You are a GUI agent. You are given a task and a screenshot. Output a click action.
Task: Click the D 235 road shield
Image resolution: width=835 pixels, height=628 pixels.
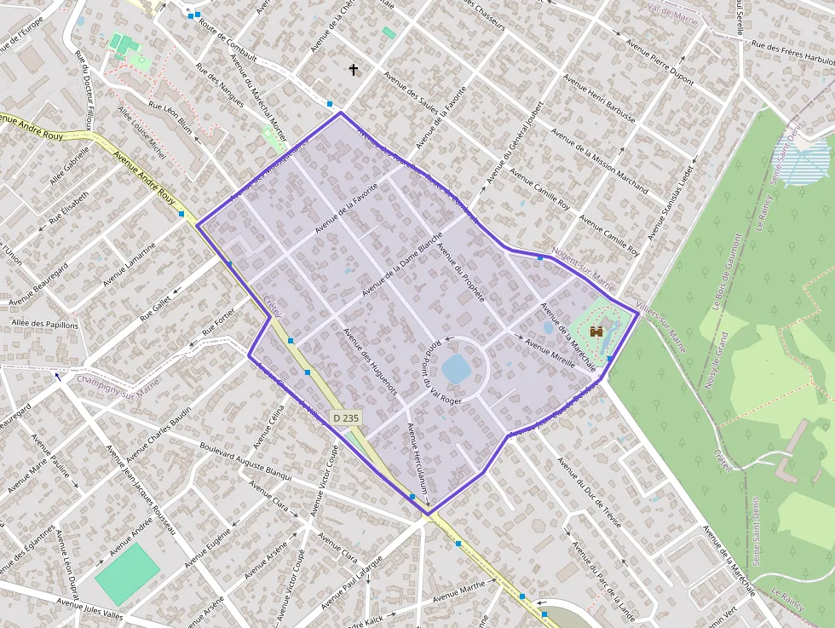[x=345, y=418]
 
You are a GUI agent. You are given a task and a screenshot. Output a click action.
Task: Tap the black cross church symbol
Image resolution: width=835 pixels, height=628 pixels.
[x=354, y=69]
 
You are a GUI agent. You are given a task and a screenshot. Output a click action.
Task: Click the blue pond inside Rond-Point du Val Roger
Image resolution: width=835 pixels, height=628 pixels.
[x=455, y=370]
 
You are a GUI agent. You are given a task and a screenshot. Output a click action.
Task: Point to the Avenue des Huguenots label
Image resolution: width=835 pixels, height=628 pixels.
[x=370, y=361]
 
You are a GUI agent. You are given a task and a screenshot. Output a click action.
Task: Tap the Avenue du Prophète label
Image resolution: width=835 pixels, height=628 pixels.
[x=460, y=273]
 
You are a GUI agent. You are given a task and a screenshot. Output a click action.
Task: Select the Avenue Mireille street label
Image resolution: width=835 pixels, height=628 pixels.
[x=556, y=356]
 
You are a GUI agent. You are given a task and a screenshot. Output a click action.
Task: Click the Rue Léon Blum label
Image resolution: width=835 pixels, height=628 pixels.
[x=170, y=118]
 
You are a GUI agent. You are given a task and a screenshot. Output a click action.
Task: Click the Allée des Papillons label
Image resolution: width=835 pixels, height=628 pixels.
[x=45, y=325]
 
